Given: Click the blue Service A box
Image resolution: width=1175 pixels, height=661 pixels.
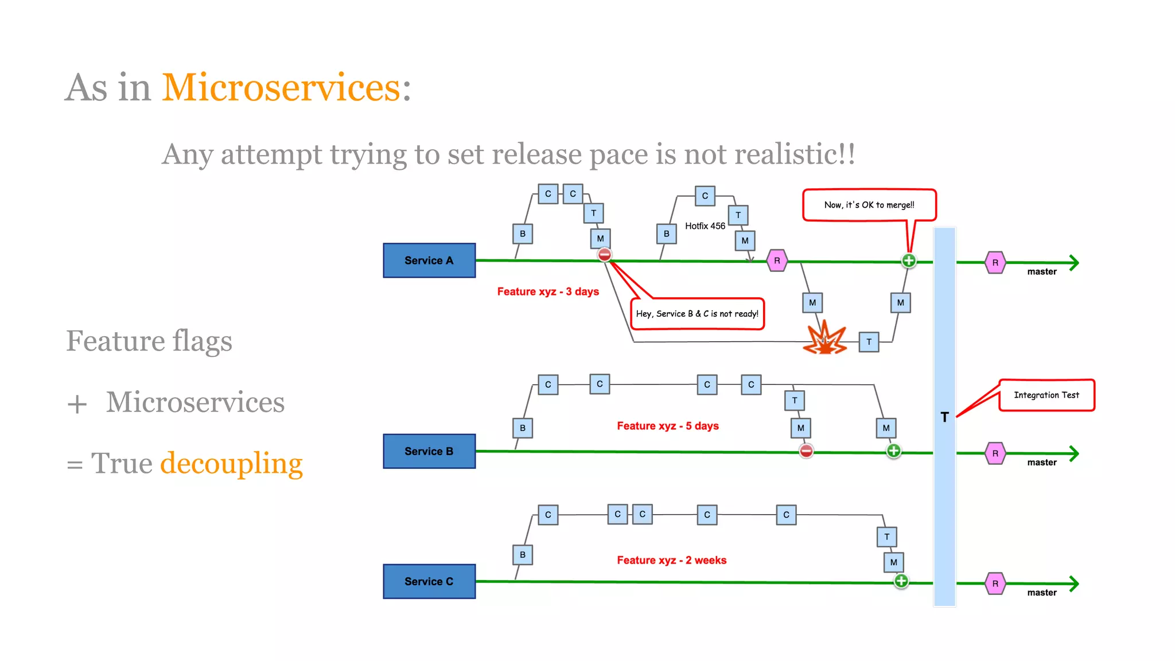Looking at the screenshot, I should point(429,260).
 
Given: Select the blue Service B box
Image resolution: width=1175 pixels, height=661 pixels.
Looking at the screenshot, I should point(429,452).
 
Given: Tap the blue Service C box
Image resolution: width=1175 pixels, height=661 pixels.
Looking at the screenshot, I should point(429,581).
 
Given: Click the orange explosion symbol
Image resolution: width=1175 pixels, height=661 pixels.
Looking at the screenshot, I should point(825,339).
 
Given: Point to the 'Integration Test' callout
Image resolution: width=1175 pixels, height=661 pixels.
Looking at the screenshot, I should point(1046,395).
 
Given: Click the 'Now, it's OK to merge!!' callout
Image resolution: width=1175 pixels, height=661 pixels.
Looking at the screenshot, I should point(869,205).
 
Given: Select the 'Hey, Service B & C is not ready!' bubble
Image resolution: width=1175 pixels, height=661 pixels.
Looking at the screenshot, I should point(697,314).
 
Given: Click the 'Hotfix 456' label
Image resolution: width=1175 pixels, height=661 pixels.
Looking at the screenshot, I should point(705,226).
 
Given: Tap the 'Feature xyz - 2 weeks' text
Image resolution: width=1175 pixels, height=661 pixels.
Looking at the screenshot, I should point(671,560).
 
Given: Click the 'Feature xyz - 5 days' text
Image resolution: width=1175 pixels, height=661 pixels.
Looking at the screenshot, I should point(668,426).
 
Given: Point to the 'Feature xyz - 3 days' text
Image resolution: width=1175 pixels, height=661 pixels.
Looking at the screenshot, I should point(548,291).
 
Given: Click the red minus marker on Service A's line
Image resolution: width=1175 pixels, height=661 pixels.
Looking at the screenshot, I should point(604,255).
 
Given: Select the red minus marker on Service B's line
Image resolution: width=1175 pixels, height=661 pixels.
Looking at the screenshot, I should point(806,451).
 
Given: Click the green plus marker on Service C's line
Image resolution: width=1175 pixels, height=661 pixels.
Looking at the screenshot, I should point(901,581).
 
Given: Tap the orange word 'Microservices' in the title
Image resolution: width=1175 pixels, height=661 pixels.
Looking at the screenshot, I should point(281,88).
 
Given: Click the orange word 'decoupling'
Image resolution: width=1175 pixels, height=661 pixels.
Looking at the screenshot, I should point(231,464).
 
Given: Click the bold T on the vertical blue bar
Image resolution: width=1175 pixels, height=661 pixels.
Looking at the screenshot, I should point(944,417).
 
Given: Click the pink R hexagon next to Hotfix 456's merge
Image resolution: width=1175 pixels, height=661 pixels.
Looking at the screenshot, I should point(777,260).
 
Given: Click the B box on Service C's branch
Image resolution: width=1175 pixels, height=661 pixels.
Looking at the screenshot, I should point(522,555).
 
